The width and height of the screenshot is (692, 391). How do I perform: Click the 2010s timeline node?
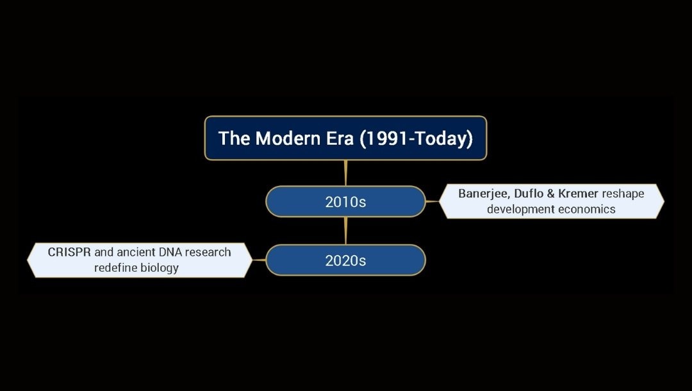345,202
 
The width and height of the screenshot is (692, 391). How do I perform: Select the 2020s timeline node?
345,260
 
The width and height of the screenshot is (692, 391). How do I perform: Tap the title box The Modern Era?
345,138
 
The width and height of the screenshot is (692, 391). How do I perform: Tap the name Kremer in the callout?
578,194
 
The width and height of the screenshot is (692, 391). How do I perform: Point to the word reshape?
623,194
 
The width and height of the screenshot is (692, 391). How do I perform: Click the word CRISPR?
69,252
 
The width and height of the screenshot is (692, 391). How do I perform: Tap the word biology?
158,268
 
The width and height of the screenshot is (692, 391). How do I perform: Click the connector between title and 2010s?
345,173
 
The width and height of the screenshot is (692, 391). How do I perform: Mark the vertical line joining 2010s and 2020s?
345,231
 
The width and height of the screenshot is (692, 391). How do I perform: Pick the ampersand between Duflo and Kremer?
551,194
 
